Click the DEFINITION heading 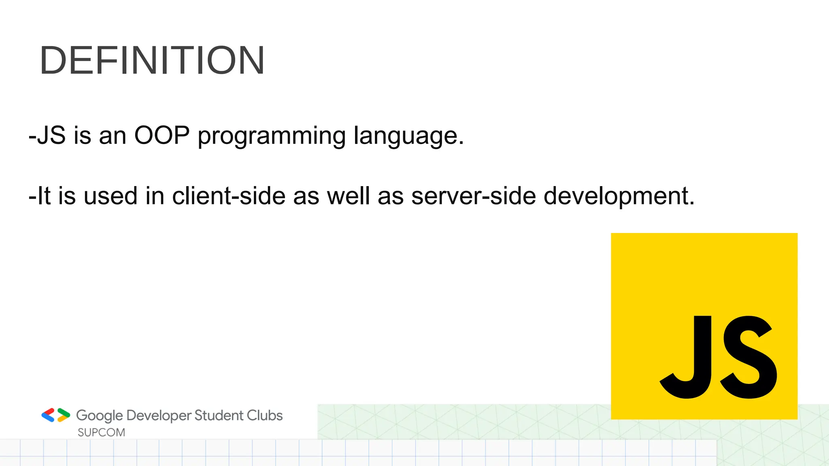click(152, 61)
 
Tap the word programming click(271, 137)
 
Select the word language click(408, 137)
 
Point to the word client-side click(229, 196)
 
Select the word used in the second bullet click(111, 196)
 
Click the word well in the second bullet click(349, 196)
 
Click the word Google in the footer click(99, 416)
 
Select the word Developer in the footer click(159, 416)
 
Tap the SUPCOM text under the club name click(101, 432)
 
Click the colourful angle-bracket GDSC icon click(55, 415)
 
